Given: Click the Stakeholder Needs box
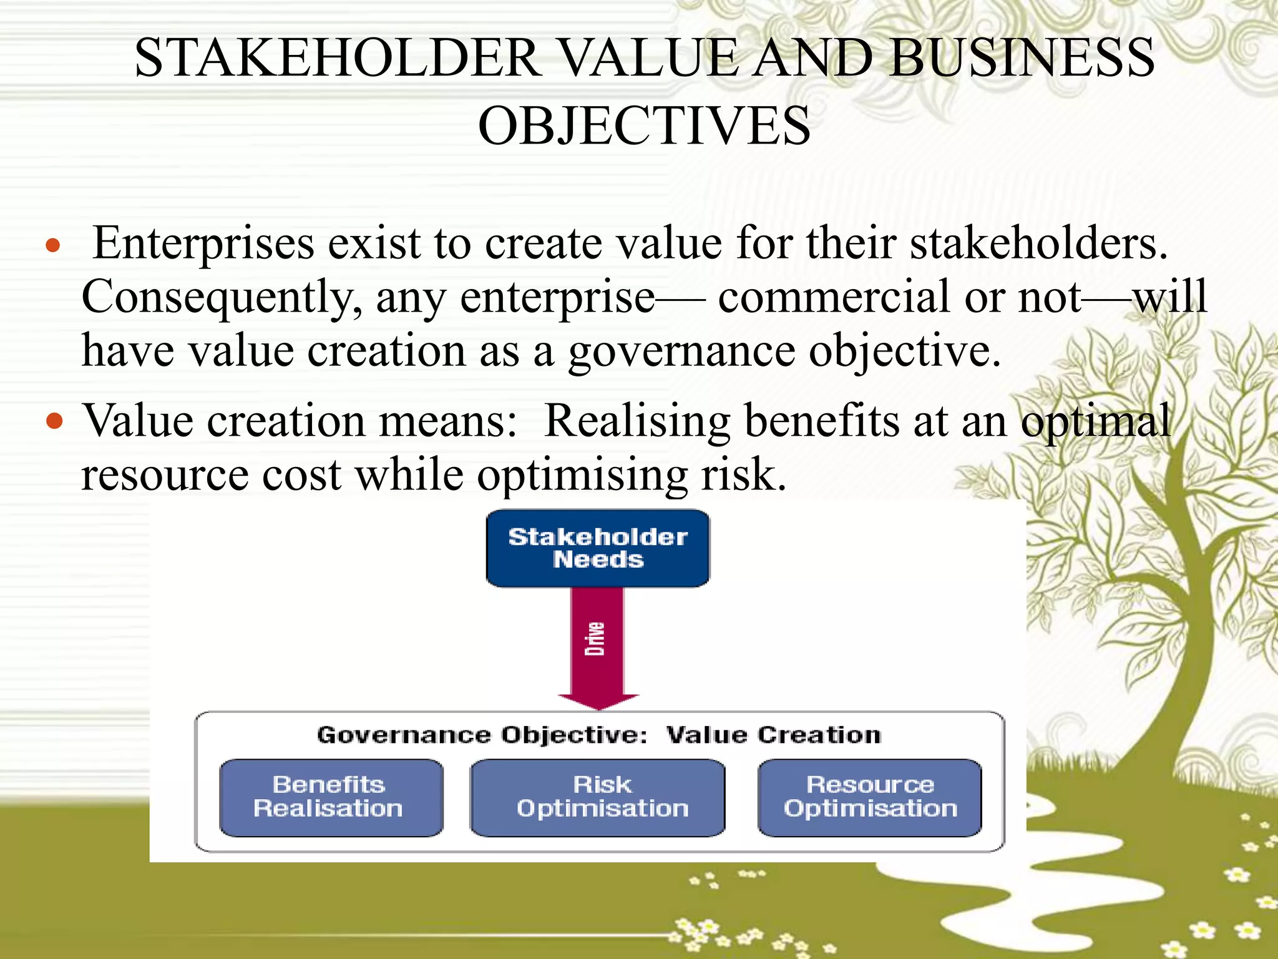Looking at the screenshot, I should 597,548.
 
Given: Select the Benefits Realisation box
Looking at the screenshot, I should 331,797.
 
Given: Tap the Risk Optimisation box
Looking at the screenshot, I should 597,797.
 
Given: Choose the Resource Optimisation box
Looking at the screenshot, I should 869,797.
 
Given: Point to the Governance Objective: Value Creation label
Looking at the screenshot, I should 598,735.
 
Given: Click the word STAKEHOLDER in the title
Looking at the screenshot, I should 338,58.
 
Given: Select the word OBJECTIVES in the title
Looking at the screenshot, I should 644,125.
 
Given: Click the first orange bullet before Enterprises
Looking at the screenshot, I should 54,245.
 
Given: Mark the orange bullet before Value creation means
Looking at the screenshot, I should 55,421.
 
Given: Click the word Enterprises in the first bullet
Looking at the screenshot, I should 203,243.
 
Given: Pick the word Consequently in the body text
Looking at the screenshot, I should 222,298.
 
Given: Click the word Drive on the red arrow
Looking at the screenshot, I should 595,639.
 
